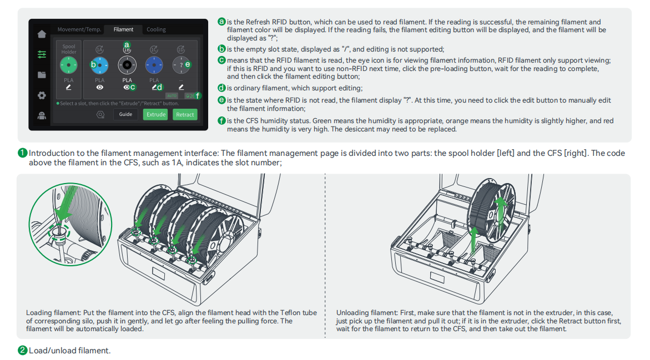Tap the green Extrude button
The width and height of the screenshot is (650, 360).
click(156, 114)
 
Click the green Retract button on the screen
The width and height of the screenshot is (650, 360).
click(185, 114)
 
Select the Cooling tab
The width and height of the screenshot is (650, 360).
click(156, 29)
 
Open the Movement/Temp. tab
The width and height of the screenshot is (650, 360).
click(79, 29)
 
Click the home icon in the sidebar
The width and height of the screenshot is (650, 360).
click(42, 34)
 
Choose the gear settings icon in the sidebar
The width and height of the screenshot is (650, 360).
click(42, 95)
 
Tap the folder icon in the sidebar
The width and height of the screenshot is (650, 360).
click(42, 75)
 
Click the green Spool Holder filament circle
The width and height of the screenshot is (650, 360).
click(69, 65)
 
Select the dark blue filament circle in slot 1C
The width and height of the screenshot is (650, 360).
click(154, 65)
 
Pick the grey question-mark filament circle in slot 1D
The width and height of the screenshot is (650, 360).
click(180, 65)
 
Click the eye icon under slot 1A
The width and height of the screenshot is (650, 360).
click(99, 87)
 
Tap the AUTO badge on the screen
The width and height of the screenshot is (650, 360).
click(172, 95)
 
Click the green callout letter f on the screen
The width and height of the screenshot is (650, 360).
click(198, 95)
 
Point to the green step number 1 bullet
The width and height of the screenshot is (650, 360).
click(22, 153)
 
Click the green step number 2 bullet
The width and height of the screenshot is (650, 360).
click(22, 351)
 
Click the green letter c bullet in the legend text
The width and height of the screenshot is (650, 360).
click(221, 60)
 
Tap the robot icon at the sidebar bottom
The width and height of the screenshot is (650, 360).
click(42, 116)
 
